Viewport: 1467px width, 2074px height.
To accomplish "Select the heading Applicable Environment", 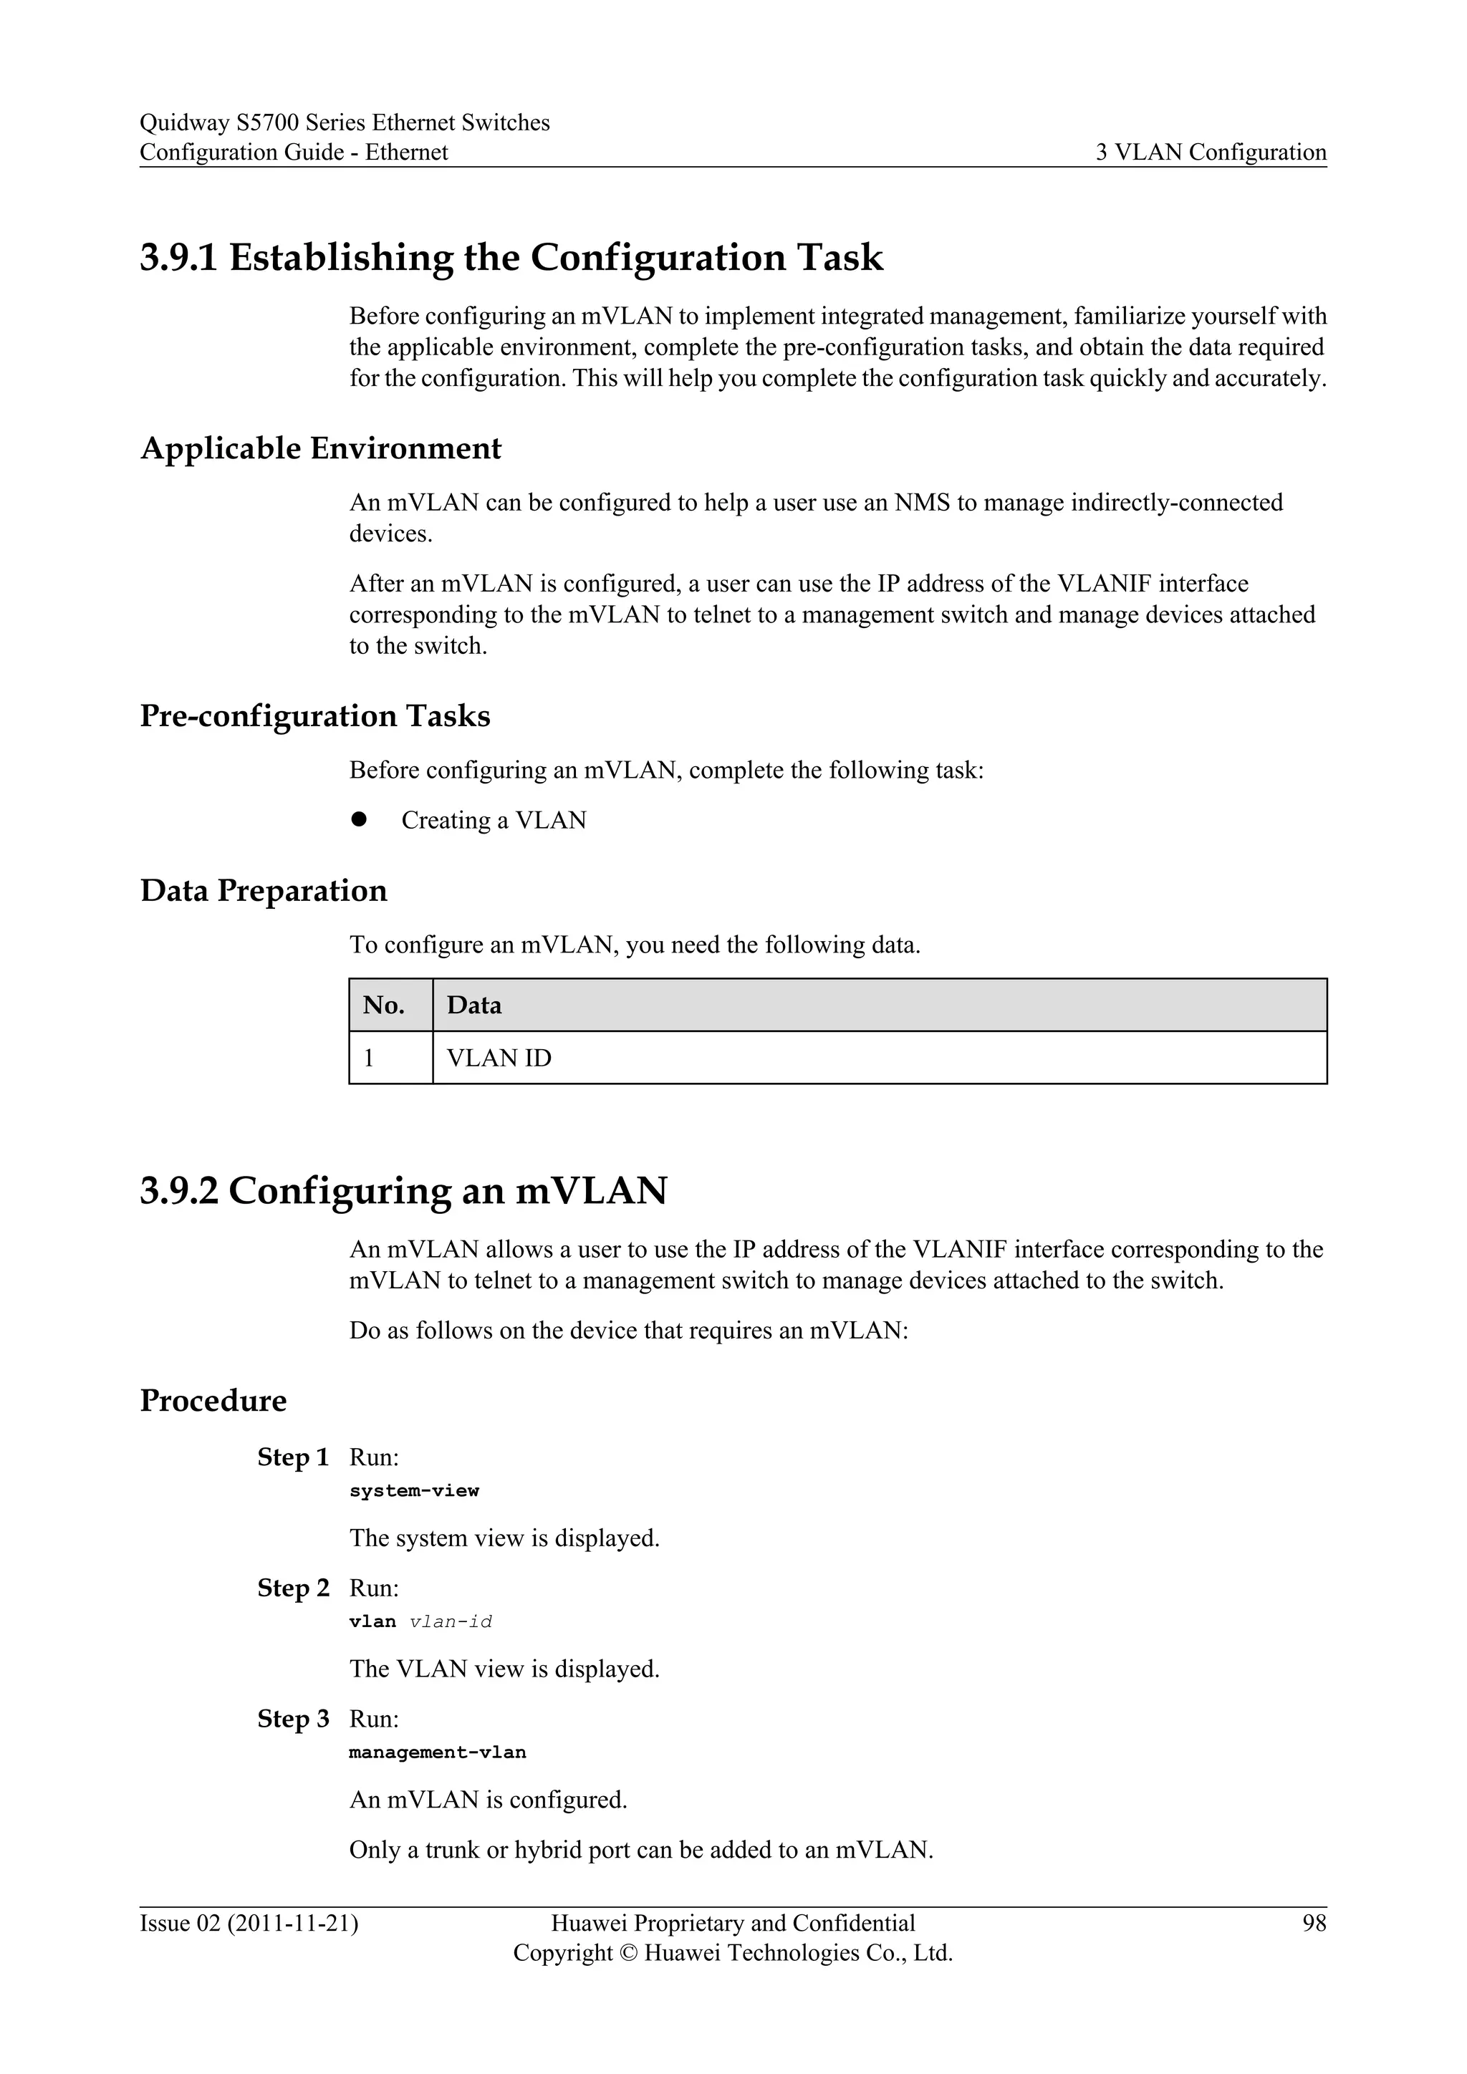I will pyautogui.click(x=321, y=449).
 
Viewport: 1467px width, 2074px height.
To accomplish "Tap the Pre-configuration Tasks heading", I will pyautogui.click(x=314, y=716).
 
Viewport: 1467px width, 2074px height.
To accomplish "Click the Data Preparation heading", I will pyautogui.click(x=263, y=891).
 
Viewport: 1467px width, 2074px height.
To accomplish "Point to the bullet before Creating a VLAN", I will pyautogui.click(x=359, y=819).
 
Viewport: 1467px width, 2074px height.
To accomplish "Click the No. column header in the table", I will pyautogui.click(x=384, y=1005).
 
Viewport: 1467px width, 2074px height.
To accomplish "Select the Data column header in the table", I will pyautogui.click(x=474, y=1005).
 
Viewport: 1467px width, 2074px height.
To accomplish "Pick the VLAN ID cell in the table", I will pyautogui.click(x=499, y=1058).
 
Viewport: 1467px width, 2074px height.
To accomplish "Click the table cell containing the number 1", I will pyautogui.click(x=370, y=1058).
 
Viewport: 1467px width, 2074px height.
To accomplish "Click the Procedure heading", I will pyautogui.click(x=213, y=1401).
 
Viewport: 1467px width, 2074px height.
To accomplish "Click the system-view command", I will pyautogui.click(x=414, y=1490).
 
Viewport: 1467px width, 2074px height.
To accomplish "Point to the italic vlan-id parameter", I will pyautogui.click(x=451, y=1621).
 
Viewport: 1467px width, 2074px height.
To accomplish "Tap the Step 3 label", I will pyautogui.click(x=293, y=1719).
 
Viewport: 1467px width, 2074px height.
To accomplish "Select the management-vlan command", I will pyautogui.click(x=437, y=1752).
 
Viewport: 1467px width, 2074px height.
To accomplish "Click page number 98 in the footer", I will pyautogui.click(x=1314, y=1923).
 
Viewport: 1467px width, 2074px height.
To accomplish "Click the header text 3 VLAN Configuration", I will pyautogui.click(x=1211, y=152).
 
